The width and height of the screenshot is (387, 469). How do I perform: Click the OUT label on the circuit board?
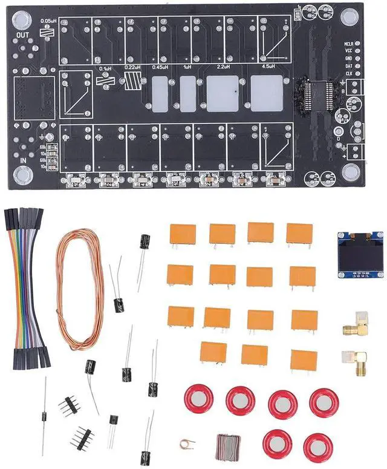point(24,34)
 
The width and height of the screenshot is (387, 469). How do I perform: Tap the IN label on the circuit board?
point(24,160)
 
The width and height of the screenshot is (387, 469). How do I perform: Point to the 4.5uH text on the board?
point(267,66)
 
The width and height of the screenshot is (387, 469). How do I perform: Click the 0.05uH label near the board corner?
point(48,21)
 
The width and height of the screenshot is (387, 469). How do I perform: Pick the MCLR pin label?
point(349,44)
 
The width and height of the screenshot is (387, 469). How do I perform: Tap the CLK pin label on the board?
point(349,73)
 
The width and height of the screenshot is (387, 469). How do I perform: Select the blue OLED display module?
point(360,254)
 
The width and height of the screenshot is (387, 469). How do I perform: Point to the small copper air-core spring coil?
point(187,444)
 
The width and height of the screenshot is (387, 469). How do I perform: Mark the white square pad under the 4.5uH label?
point(267,93)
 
